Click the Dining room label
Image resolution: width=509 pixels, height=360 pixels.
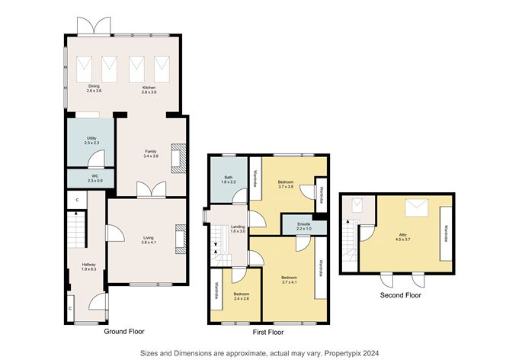tap(94, 89)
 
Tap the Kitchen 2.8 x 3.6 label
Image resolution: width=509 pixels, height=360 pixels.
tap(149, 89)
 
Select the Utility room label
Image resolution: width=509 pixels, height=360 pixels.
tap(91, 140)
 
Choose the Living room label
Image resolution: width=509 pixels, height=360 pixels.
tap(148, 240)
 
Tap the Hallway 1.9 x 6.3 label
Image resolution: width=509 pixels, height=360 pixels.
tap(89, 266)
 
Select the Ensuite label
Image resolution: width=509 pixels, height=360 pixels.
tap(304, 227)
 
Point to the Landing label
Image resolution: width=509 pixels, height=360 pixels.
tap(237, 229)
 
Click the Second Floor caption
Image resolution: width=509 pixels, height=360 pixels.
tap(399, 294)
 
